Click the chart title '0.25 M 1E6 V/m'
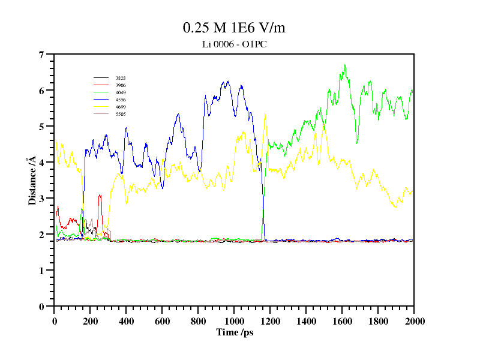pyautogui.click(x=238, y=28)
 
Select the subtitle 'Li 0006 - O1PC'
pyautogui.click(x=238, y=44)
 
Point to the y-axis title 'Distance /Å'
pyautogui.click(x=31, y=181)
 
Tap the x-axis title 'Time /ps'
pyautogui.click(x=235, y=332)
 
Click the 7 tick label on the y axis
pyautogui.click(x=41, y=55)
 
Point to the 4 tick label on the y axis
pyautogui.click(x=41, y=163)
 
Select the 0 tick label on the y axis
pyautogui.click(x=41, y=307)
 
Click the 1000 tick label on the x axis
pyautogui.click(x=234, y=321)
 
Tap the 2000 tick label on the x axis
pyautogui.click(x=414, y=321)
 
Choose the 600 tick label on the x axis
pyautogui.click(x=162, y=321)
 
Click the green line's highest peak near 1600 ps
pyautogui.click(x=344, y=65)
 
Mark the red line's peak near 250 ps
pyautogui.click(x=100, y=195)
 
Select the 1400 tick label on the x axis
pyautogui.click(x=306, y=321)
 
